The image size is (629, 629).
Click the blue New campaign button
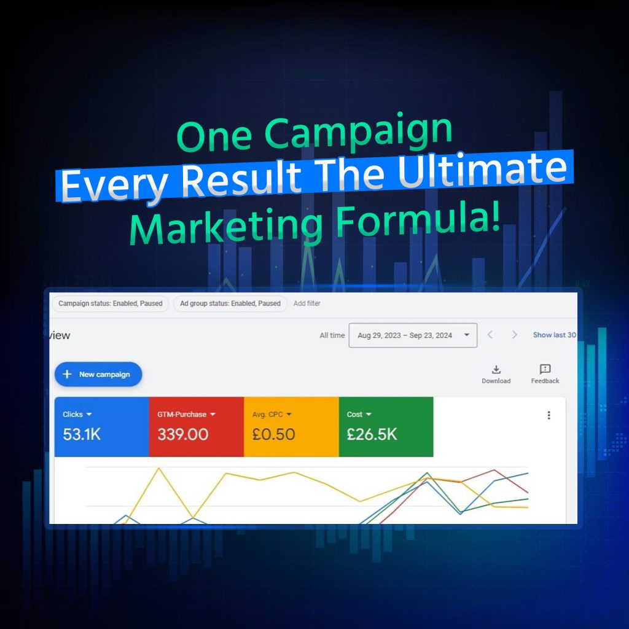point(98,374)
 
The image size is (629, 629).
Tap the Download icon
point(496,369)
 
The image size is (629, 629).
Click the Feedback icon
point(545,369)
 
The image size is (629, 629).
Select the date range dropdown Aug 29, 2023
point(413,335)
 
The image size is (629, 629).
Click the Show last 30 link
point(555,335)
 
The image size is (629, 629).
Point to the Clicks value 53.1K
point(82,434)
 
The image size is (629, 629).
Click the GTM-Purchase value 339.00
point(183,434)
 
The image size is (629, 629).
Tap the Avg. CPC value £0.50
point(273,434)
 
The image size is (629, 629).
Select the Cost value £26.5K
point(372,434)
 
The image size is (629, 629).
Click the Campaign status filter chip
point(111,303)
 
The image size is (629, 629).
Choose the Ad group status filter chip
point(230,303)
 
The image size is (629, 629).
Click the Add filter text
point(307,303)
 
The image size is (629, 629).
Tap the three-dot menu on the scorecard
point(549,415)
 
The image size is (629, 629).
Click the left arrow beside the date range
point(490,335)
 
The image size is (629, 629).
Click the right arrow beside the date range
point(514,335)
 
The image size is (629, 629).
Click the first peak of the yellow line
point(159,468)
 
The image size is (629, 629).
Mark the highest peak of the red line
point(494,470)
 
